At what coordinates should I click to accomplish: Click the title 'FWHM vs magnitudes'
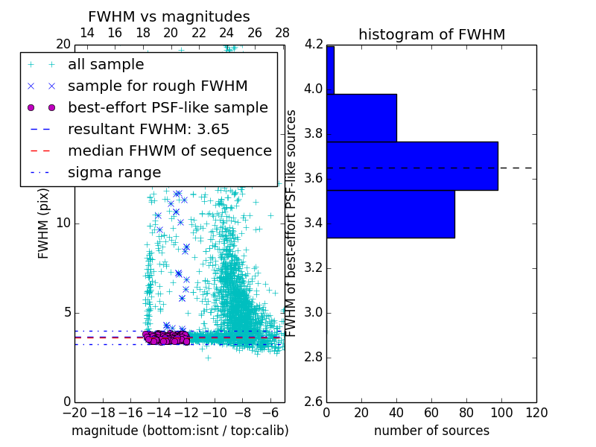pos(169,16)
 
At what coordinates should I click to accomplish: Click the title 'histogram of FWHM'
pos(431,34)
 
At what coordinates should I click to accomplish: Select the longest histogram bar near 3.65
pos(412,165)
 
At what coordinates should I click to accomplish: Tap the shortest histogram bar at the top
pos(330,70)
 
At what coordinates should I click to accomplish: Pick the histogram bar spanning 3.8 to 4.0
pos(361,118)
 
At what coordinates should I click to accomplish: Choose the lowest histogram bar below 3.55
pos(390,214)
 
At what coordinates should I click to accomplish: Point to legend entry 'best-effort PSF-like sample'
pos(168,107)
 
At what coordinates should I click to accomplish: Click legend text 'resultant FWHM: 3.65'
pos(148,129)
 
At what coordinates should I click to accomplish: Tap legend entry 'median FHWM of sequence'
pos(169,150)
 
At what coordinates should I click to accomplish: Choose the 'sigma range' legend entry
pos(114,172)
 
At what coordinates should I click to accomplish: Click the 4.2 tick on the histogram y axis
pos(314,45)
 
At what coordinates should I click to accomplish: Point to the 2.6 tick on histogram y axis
pos(314,402)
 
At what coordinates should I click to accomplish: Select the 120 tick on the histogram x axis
pos(536,412)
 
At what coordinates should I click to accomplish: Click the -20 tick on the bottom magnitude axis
pos(74,412)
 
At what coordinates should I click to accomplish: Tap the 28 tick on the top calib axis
pos(282,33)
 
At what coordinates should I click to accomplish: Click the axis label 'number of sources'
pos(431,431)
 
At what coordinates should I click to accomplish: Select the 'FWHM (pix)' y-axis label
pos(44,223)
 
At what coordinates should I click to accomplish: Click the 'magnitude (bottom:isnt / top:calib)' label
pos(180,431)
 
